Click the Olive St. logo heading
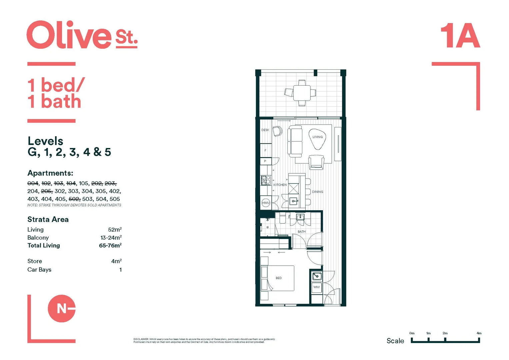pos(82,35)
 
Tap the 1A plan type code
pos(460,36)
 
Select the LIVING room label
pos(317,137)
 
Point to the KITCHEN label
pos(280,185)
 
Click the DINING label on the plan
pos(317,192)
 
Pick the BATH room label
pos(301,232)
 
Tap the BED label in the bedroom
pos(279,278)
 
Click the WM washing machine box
pos(316,287)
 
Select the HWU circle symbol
pos(266,203)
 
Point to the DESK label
pos(265,130)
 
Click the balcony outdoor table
pos(302,93)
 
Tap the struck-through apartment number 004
pos(33,183)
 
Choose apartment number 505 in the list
pos(115,199)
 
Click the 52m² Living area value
pos(115,230)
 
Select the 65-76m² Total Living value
pos(110,246)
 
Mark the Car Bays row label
pos(39,270)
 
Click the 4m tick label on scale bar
pos(479,333)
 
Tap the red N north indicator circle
pos(61,308)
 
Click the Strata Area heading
pos(48,219)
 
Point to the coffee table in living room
pos(317,138)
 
